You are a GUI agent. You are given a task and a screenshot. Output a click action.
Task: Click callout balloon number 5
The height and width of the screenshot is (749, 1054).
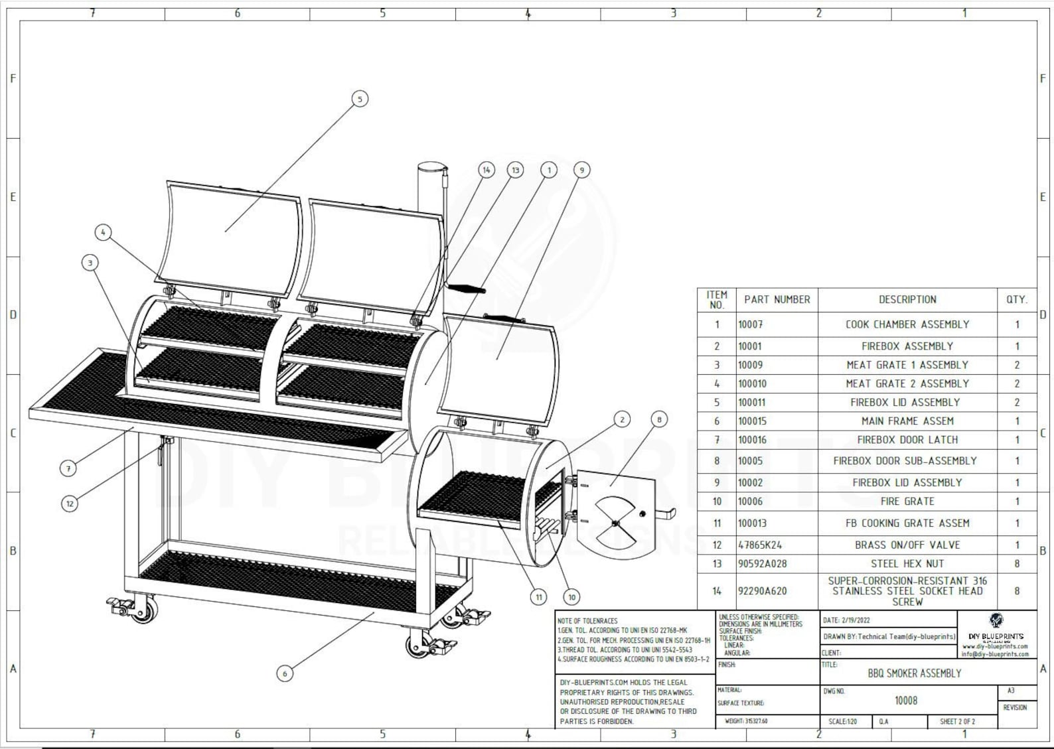coord(360,99)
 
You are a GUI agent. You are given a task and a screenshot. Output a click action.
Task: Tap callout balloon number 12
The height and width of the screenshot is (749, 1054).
coord(70,504)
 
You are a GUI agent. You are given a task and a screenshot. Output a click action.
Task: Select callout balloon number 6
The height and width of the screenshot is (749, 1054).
coord(285,673)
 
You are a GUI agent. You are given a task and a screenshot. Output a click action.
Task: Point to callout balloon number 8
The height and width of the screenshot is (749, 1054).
coord(658,419)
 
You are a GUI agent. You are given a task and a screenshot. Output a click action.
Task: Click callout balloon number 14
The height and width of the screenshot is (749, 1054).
coord(487,170)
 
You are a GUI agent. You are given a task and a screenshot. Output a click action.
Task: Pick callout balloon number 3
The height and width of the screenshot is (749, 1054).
coord(90,263)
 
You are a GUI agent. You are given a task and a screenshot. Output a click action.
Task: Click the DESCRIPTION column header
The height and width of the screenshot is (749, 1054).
coord(907,300)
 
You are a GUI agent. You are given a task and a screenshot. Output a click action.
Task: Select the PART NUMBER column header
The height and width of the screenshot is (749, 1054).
coord(777,300)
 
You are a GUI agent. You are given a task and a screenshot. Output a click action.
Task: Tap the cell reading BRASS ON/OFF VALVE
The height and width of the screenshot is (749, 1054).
coord(907,545)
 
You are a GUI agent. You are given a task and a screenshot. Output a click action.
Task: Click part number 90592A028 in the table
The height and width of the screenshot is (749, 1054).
coord(763,564)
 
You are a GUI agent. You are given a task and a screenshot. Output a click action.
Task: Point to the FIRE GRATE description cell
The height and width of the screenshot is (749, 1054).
coord(907,502)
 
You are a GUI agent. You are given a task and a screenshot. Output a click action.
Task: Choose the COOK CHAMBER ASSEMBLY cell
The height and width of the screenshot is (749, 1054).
coord(907,324)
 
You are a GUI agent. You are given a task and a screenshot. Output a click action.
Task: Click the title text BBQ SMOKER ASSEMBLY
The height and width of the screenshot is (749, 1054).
coord(914,673)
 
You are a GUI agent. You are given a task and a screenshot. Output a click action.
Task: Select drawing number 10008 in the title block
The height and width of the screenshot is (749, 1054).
coord(906,701)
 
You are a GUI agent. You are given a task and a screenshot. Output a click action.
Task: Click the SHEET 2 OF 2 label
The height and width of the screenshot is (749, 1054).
coord(957,721)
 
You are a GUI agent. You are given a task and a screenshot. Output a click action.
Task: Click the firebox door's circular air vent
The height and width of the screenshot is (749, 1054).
coord(615,523)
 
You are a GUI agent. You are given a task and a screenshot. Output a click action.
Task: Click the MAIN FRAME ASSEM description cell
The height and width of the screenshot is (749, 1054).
coord(907,421)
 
